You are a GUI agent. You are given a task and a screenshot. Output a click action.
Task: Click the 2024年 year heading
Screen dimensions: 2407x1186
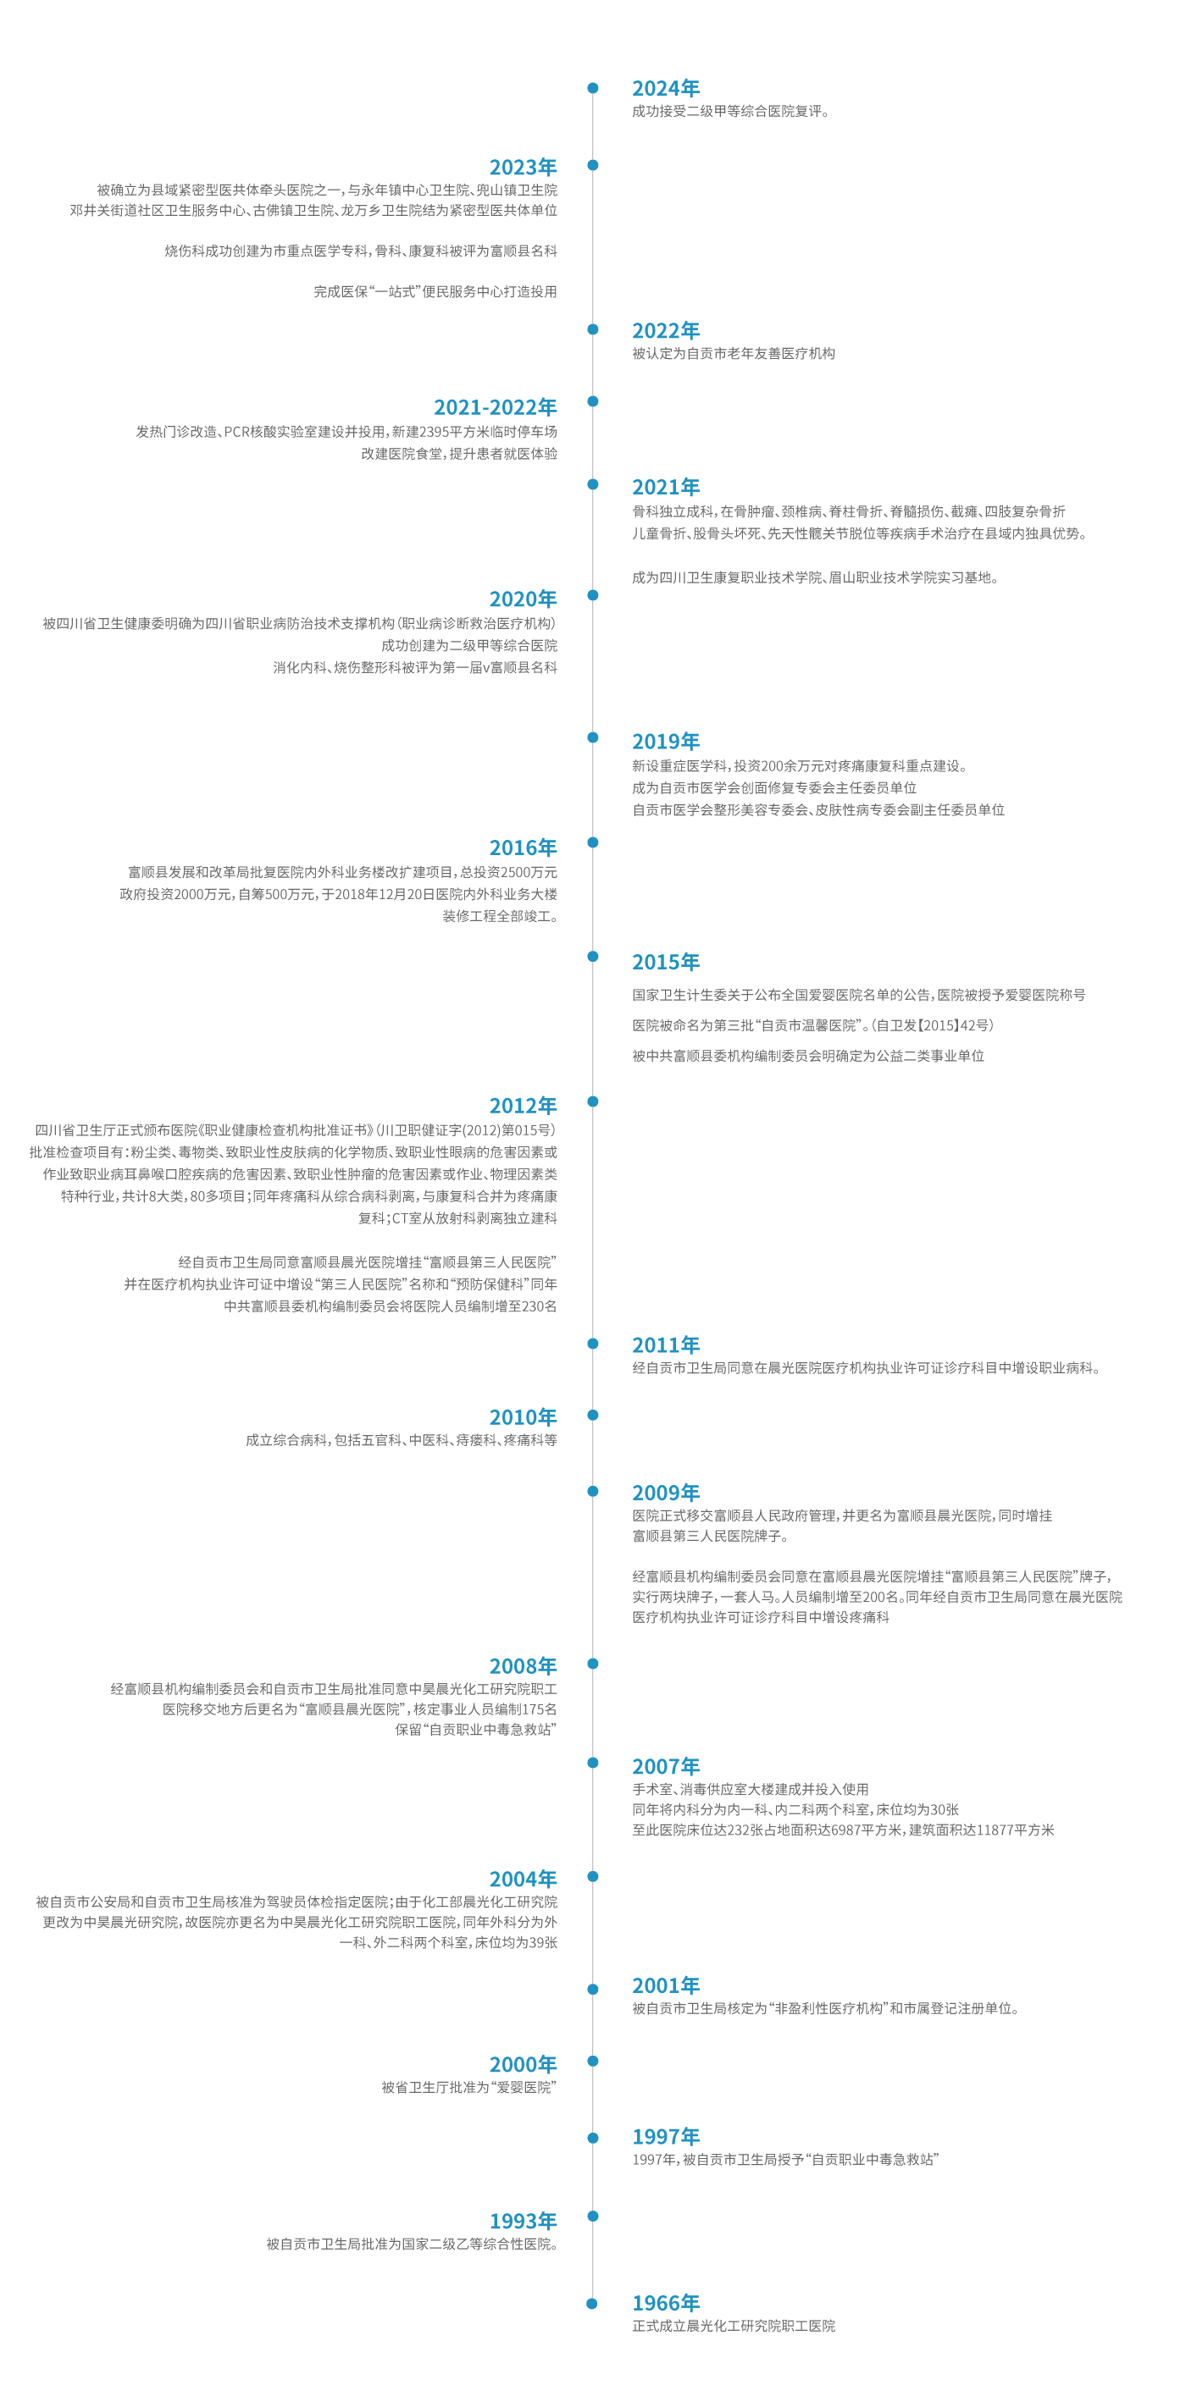click(666, 88)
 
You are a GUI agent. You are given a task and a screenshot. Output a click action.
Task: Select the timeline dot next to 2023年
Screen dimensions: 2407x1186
click(592, 165)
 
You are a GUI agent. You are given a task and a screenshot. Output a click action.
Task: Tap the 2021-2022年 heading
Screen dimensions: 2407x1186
click(495, 407)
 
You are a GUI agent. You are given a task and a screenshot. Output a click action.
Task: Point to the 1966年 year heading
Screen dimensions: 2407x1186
click(666, 2302)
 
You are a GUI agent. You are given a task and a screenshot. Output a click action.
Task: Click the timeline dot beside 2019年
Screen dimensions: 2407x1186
click(592, 737)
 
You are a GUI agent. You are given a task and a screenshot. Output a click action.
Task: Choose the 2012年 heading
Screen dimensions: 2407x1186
click(523, 1106)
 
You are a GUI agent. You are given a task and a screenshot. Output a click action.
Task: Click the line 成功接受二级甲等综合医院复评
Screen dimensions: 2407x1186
click(730, 111)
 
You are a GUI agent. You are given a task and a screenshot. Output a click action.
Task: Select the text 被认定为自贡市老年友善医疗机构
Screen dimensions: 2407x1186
click(734, 353)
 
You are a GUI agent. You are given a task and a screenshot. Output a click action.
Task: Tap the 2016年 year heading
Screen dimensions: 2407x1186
click(523, 847)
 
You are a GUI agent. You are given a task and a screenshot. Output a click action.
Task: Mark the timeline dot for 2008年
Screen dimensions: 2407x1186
click(592, 1663)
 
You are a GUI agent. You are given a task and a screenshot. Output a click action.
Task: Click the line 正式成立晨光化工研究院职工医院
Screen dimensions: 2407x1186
click(734, 2326)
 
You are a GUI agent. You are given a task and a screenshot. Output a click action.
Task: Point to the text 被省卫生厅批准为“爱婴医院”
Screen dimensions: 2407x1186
click(468, 2088)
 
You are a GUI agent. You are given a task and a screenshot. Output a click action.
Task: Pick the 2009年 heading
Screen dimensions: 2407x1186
click(666, 1493)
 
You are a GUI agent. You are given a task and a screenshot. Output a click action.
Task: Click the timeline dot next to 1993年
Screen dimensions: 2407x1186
click(592, 2216)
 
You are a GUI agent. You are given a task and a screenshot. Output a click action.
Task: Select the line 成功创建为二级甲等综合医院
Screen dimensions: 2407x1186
click(468, 645)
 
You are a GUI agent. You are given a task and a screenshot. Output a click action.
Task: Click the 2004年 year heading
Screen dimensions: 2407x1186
click(523, 1879)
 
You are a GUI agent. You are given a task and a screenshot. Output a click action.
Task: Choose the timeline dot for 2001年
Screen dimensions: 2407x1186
click(592, 1989)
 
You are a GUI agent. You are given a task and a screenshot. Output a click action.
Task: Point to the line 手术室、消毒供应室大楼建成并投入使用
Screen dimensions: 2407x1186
click(751, 1788)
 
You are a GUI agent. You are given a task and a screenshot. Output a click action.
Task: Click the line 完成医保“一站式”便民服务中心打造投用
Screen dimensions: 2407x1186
click(435, 291)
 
